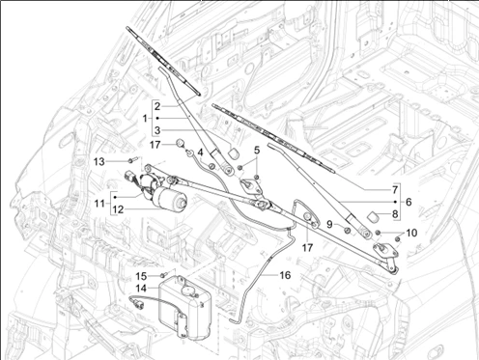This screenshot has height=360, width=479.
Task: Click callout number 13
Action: (99, 161)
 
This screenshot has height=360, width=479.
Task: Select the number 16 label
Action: (285, 275)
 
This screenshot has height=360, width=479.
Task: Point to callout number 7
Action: (395, 190)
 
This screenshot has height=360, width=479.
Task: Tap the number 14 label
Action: (141, 289)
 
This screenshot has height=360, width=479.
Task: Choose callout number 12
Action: (118, 209)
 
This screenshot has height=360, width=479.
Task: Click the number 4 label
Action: (200, 152)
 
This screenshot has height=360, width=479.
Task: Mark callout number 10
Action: (411, 233)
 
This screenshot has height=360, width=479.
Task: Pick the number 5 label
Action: (257, 150)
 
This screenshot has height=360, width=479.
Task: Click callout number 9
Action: (329, 224)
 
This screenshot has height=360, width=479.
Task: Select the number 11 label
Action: (99, 204)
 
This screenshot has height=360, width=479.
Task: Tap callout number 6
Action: (409, 202)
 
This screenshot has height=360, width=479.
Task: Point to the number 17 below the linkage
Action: (307, 247)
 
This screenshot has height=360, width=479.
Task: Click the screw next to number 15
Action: (164, 275)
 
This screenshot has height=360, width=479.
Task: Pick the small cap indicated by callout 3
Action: (233, 153)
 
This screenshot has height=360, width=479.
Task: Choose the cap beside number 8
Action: (373, 216)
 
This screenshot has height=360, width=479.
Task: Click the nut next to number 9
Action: (348, 231)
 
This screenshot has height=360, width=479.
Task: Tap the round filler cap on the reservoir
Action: (188, 291)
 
